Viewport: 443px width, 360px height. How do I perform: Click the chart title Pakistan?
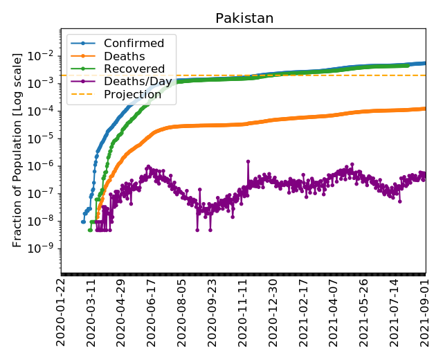click(243, 18)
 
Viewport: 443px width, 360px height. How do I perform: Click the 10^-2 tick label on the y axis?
click(43, 55)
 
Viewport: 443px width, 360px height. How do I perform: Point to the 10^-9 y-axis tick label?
click(43, 249)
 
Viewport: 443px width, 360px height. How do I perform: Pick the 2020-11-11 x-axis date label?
click(243, 312)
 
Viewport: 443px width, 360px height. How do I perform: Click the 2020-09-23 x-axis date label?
click(213, 312)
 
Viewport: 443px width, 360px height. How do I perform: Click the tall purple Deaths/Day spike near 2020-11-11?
click(248, 161)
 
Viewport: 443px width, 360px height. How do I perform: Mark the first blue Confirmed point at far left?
click(82, 222)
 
